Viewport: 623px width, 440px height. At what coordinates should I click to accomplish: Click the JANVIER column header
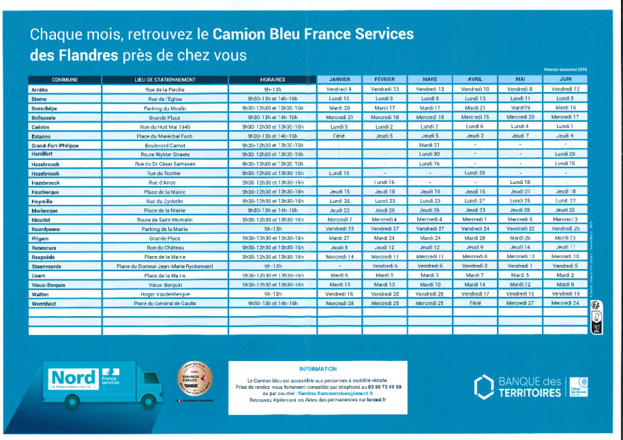(x=340, y=80)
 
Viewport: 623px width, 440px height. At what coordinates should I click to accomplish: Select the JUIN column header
(x=566, y=80)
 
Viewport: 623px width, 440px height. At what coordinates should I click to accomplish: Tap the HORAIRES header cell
(x=273, y=80)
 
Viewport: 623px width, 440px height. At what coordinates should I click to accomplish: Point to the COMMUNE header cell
(x=64, y=80)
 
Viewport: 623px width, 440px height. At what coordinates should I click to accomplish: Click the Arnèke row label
(x=39, y=89)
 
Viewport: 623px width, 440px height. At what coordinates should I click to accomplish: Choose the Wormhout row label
(x=42, y=303)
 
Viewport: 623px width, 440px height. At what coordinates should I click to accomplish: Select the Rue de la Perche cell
(x=165, y=89)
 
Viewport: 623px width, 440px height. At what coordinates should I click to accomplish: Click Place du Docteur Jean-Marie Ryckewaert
(x=165, y=266)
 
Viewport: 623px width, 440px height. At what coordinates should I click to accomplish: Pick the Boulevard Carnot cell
(x=165, y=145)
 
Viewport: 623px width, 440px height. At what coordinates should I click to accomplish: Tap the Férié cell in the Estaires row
(x=340, y=136)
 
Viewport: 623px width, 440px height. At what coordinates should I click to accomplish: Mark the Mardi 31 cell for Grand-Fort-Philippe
(x=430, y=145)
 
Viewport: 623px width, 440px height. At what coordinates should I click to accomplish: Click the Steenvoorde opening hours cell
(x=273, y=266)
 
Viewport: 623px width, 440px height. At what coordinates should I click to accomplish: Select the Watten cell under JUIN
(x=566, y=294)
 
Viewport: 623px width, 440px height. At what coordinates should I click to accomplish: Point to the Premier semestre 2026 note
(x=565, y=70)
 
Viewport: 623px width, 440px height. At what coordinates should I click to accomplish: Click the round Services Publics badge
(x=195, y=379)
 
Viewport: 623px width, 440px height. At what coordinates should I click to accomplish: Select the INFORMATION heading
(x=318, y=369)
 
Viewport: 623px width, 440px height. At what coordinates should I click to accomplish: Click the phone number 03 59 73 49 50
(x=386, y=387)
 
